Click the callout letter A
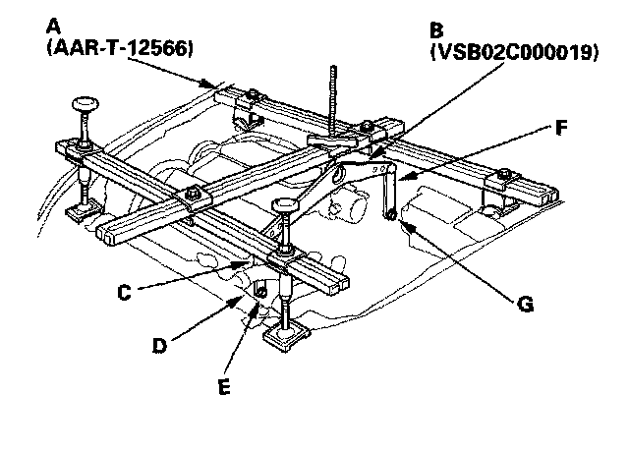click(53, 27)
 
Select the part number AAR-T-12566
click(120, 49)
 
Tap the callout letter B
click(436, 30)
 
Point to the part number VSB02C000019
click(514, 52)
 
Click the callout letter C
click(125, 293)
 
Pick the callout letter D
click(159, 345)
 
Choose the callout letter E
click(224, 386)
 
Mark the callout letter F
click(561, 128)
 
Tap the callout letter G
click(526, 304)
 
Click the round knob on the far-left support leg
click(86, 104)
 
